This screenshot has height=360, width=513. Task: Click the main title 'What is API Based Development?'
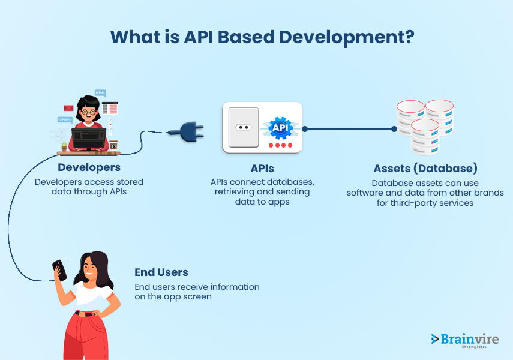pos(262,36)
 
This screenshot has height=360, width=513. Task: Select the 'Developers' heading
pos(89,167)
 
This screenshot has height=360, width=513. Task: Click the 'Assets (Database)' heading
pos(425,168)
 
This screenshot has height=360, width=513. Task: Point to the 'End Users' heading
pos(161,272)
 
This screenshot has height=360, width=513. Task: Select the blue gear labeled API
pos(280,128)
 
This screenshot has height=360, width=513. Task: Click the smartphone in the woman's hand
pos(59,269)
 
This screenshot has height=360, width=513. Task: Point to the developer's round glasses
pos(89,112)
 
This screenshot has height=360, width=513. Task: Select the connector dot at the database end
pos(394,128)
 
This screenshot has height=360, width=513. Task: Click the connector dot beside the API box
pos(305,128)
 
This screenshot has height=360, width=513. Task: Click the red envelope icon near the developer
pos(68,109)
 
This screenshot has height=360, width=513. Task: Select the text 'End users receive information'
pos(197,287)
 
